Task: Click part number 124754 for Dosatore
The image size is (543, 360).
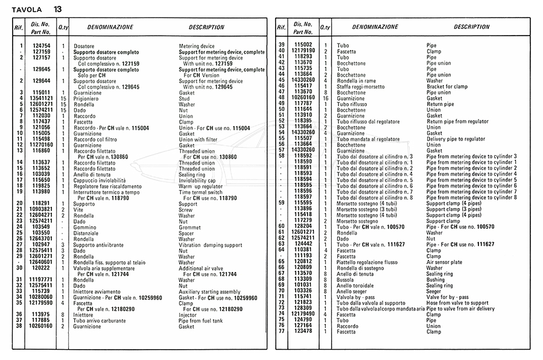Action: pos(41,46)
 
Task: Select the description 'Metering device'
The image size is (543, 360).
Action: pos(197,46)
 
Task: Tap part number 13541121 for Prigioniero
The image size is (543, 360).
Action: pos(41,98)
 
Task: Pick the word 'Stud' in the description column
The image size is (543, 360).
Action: pos(185,98)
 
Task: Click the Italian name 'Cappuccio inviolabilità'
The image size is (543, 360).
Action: pos(100,180)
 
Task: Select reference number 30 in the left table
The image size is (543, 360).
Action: pos(19,268)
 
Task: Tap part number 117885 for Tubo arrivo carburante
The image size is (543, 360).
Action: pos(41,320)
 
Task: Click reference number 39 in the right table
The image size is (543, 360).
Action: pos(281,45)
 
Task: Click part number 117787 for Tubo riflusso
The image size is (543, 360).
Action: pos(303,104)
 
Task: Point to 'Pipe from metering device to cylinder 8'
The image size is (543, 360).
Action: pos(471,198)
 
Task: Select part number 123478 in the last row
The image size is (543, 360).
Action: pos(303,332)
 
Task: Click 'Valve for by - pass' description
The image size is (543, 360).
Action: pos(447,297)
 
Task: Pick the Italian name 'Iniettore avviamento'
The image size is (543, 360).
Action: pos(98,291)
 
